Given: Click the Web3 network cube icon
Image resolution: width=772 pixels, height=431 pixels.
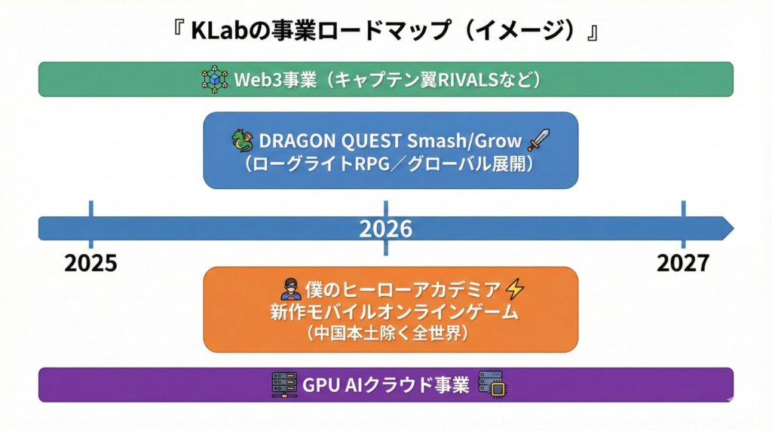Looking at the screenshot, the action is (215, 79).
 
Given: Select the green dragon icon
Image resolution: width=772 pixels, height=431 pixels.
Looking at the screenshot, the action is (243, 141).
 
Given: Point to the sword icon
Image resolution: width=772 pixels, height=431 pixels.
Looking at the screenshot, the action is (538, 139).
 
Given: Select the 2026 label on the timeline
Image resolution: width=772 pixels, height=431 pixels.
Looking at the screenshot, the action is (385, 229).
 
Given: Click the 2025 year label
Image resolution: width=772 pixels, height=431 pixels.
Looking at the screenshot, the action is (90, 263).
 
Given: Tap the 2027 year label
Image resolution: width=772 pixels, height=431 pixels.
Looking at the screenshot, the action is (683, 263).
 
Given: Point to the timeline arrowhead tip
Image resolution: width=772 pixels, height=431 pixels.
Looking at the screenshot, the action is (734, 229).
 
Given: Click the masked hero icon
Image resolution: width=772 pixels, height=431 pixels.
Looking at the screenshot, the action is (290, 289).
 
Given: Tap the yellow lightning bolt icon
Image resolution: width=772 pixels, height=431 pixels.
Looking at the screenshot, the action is (515, 289).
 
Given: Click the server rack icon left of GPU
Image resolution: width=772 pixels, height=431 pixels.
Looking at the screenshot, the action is (284, 385).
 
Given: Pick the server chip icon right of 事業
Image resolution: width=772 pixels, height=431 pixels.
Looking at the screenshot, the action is (493, 384).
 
